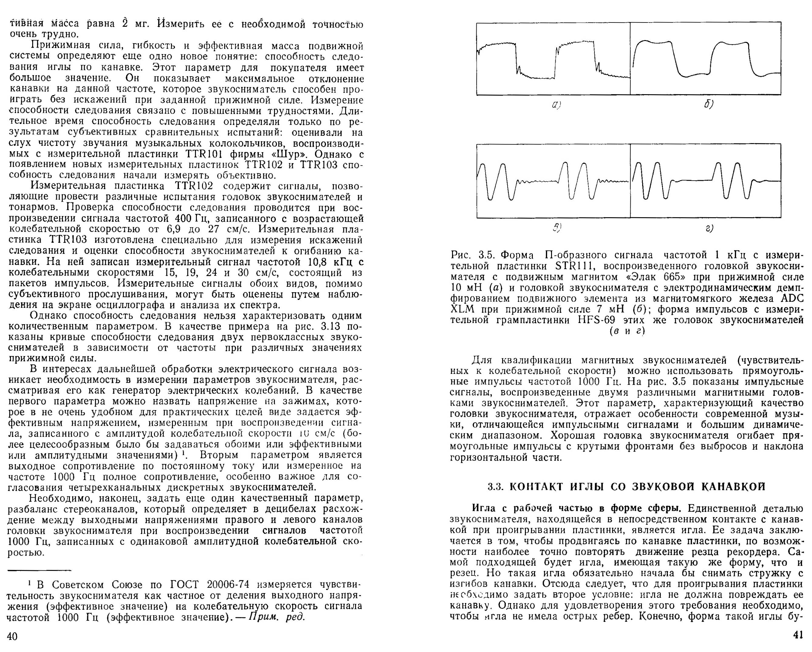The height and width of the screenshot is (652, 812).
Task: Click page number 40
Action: pyautogui.click(x=12, y=636)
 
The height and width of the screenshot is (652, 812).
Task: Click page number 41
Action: pyautogui.click(x=798, y=635)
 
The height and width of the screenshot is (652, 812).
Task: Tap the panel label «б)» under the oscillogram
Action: pyautogui.click(x=708, y=104)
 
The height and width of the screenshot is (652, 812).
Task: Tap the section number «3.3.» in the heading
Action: pyautogui.click(x=496, y=487)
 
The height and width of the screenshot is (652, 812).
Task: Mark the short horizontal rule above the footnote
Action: pyautogui.click(x=39, y=570)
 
